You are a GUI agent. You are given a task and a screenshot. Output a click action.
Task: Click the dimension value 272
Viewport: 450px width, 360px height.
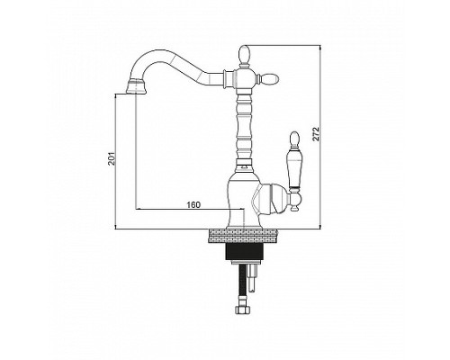[x=316, y=133]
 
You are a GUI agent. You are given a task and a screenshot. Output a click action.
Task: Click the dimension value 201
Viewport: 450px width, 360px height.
[x=112, y=158]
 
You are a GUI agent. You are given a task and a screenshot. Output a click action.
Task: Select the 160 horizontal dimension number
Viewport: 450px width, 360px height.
[x=193, y=205]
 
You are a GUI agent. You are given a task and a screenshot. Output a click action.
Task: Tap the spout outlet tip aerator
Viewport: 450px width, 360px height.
[x=137, y=86]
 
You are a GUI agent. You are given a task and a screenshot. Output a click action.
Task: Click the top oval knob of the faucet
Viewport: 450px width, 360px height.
[x=244, y=55]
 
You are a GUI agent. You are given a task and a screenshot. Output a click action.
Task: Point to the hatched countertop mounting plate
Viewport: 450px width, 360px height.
[x=244, y=235]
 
